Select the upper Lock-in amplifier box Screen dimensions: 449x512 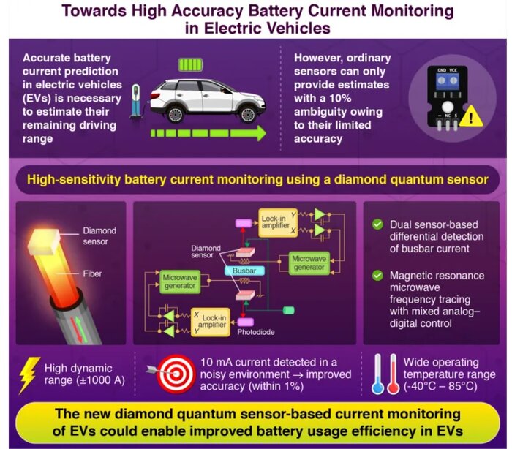pos(276,220)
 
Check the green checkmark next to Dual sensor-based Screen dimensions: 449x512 pos(377,224)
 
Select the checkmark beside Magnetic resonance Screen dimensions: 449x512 pos(377,276)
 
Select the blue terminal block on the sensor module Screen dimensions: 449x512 pos(445,83)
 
